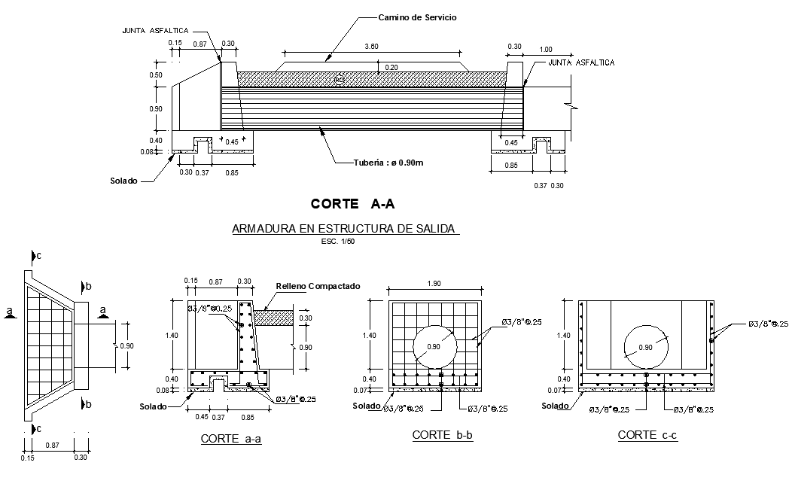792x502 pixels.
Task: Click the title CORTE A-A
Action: pos(352,203)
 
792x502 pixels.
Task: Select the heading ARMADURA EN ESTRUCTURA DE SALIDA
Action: pos(345,228)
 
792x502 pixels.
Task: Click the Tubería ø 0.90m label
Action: pos(387,163)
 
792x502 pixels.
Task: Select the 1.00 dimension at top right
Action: pos(546,50)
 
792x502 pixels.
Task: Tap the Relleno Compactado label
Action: pos(318,286)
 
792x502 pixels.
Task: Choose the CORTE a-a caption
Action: pos(230,439)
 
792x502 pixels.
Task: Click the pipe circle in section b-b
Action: pos(434,346)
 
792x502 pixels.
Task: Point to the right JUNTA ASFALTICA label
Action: pos(581,62)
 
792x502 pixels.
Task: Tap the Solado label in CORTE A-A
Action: pos(123,181)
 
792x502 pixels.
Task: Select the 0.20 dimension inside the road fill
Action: pos(391,67)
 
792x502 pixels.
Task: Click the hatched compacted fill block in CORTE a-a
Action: pos(273,318)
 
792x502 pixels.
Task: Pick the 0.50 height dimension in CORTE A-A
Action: pos(156,75)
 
